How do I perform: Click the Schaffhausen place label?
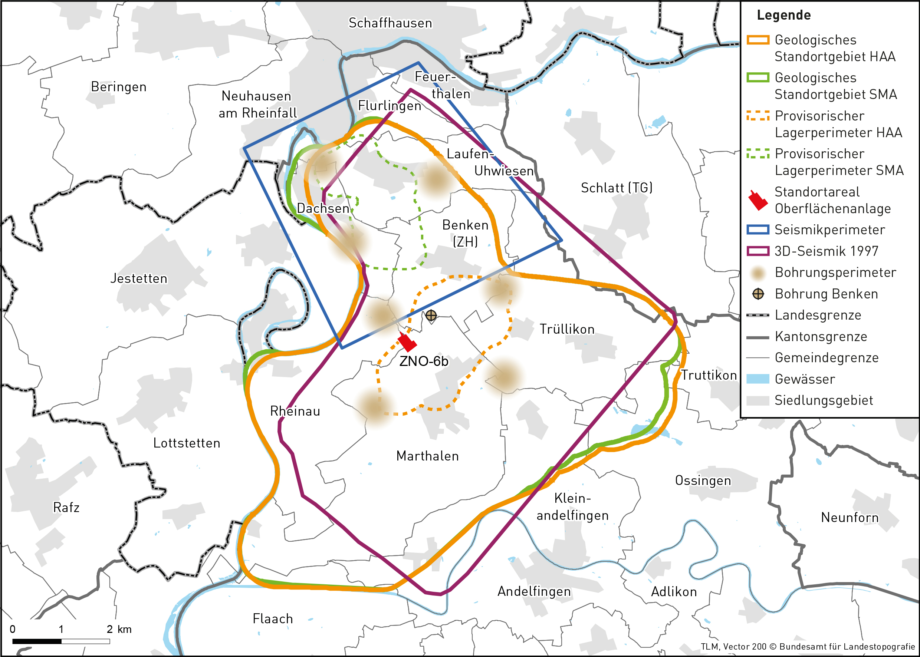390,23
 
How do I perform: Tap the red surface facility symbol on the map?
407,342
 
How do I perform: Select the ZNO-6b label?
423,361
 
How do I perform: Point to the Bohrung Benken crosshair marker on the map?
431,315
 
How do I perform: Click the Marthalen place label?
427,456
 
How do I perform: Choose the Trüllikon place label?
566,329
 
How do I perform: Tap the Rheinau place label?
295,411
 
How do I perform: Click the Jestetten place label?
139,278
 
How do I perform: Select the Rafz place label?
66,507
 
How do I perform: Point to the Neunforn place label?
850,518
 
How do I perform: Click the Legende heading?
783,15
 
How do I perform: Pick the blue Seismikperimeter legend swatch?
758,230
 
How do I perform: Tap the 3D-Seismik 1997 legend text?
826,251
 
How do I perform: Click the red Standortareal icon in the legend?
758,200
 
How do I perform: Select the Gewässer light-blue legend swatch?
758,379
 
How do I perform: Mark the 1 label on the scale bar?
61,629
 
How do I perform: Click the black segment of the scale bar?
37,641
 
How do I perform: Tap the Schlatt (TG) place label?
617,188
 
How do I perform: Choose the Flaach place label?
272,618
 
